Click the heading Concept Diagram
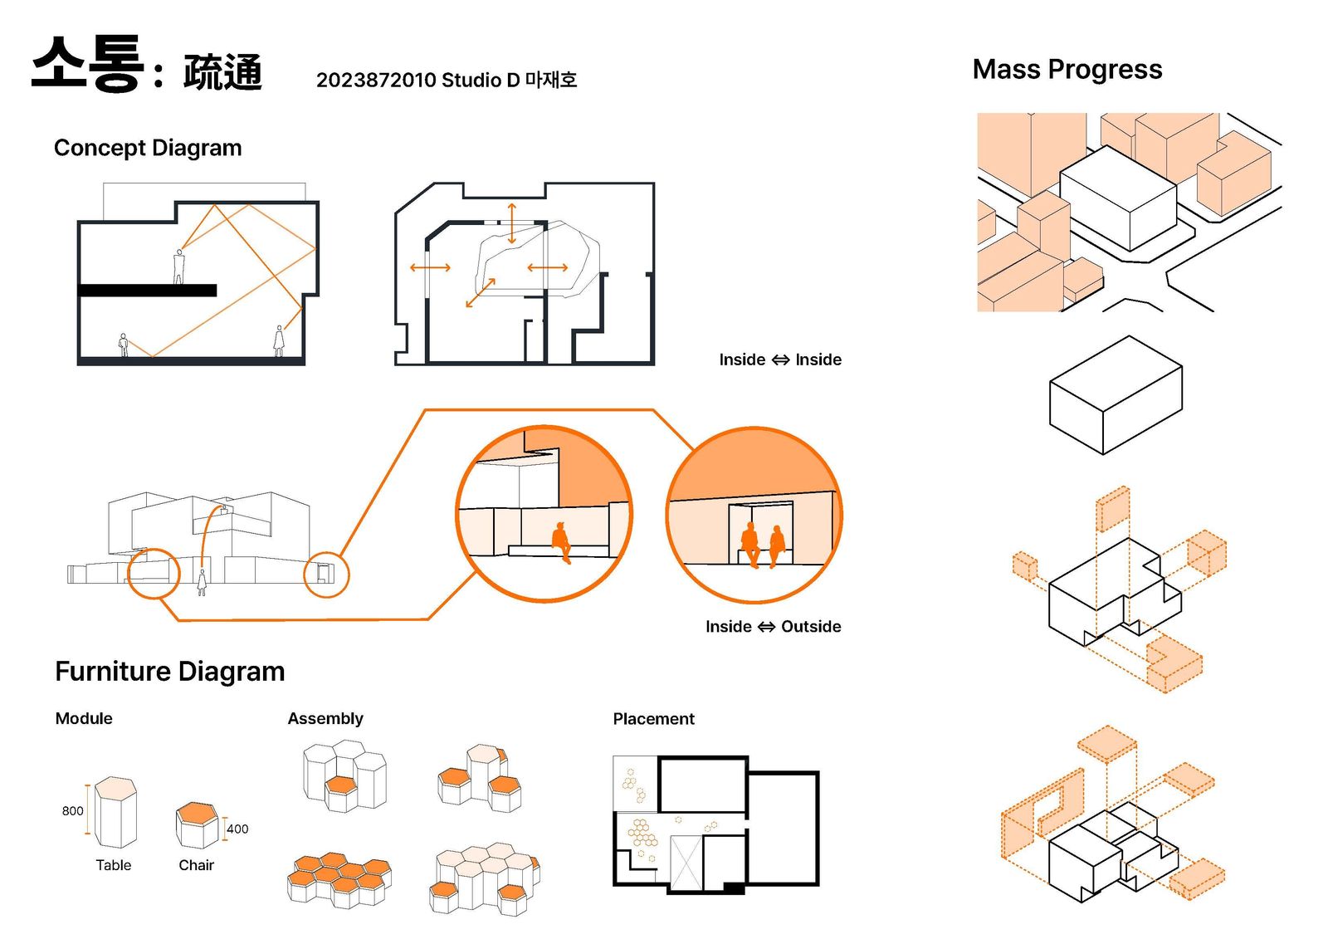(148, 148)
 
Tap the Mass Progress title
(1067, 70)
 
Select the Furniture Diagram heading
(169, 671)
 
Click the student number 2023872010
(376, 80)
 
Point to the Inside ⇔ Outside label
(773, 627)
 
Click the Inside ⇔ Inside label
(780, 359)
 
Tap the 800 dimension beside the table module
(72, 810)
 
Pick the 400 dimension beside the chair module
(237, 829)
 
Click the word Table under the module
(113, 865)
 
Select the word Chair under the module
(196, 865)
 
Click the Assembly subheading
(325, 718)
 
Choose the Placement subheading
(653, 719)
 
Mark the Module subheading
(84, 718)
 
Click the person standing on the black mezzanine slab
(178, 267)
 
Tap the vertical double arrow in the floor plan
(512, 223)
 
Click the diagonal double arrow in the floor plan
(481, 292)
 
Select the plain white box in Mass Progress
(1116, 394)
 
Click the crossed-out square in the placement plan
(686, 863)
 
